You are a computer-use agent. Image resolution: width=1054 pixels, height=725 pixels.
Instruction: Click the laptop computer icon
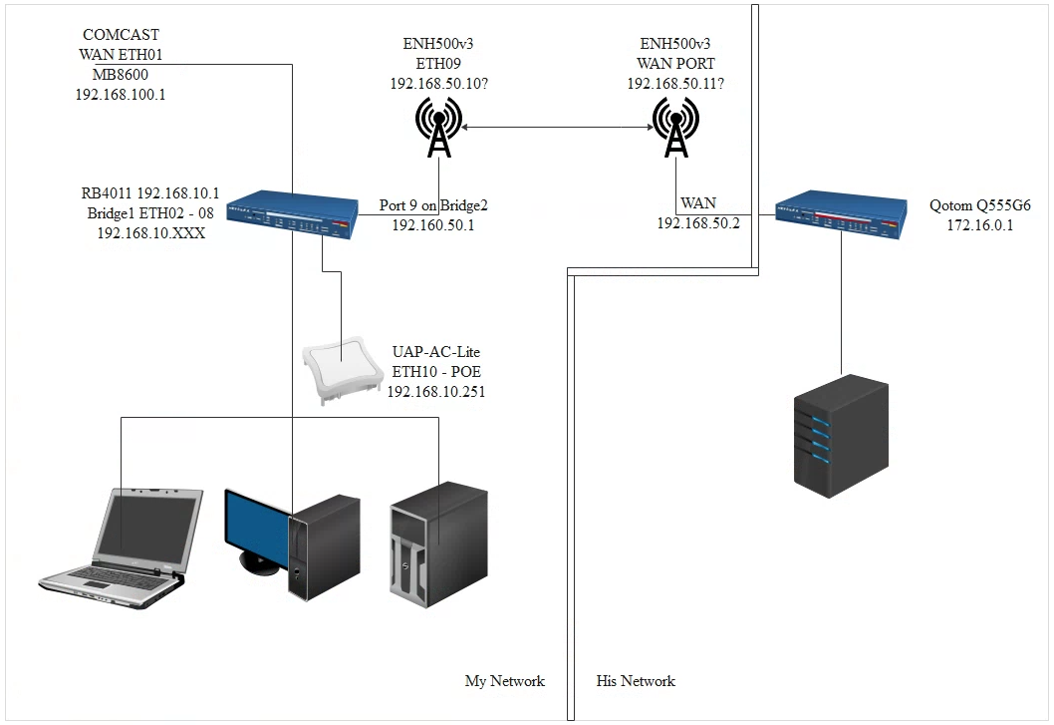tap(118, 544)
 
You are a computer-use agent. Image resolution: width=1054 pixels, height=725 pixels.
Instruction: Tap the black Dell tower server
tap(438, 542)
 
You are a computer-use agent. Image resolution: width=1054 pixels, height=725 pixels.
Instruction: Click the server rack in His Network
tap(841, 435)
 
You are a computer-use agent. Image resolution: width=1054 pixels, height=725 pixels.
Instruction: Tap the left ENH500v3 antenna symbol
tap(437, 128)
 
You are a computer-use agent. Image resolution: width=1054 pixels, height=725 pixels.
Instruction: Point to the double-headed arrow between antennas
tap(557, 127)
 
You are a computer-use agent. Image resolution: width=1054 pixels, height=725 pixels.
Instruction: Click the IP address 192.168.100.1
tap(120, 95)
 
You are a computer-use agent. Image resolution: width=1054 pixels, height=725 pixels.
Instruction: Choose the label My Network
tap(505, 681)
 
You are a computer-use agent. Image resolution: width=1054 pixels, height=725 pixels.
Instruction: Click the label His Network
tap(636, 681)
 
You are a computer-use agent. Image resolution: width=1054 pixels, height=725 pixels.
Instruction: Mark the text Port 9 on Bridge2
tap(433, 205)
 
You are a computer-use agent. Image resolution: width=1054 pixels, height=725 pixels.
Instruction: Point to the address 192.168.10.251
tap(436, 391)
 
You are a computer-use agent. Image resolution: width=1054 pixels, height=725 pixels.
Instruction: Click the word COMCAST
tap(120, 35)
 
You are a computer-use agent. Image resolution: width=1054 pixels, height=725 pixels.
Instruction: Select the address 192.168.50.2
tap(697, 223)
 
